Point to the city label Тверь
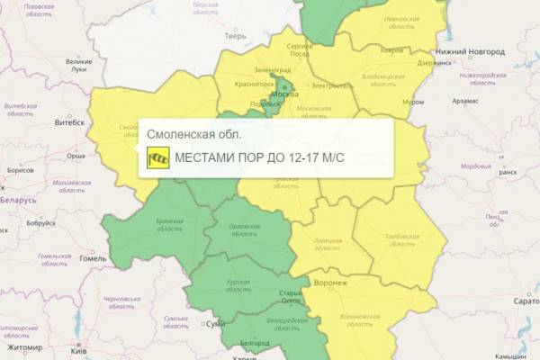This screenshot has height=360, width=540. [237, 37]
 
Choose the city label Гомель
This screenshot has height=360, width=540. [93, 257]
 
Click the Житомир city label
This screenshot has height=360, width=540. [24, 346]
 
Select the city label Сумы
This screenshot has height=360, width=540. [215, 323]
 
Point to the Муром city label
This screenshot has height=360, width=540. [414, 102]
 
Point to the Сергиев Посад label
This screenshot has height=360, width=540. [299, 49]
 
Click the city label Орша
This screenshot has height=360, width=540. [77, 156]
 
